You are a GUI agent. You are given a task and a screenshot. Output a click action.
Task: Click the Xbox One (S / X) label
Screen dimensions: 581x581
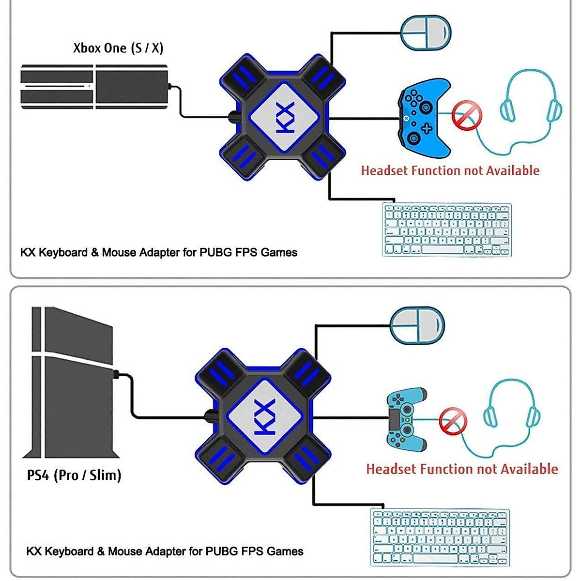(118, 48)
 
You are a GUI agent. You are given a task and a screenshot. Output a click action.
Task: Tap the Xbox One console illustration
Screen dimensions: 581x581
(94, 86)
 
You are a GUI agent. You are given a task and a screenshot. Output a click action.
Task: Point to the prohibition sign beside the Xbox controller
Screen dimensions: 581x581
(467, 116)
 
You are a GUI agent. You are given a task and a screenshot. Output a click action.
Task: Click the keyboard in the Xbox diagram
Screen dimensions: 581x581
(447, 229)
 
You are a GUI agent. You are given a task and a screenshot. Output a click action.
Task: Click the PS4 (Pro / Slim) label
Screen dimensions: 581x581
(74, 475)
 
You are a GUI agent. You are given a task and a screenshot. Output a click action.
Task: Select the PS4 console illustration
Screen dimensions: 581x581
(73, 382)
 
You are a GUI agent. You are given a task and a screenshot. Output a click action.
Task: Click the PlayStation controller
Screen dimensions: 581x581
(407, 417)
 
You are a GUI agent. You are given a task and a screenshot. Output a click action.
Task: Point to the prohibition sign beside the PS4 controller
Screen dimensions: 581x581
(453, 421)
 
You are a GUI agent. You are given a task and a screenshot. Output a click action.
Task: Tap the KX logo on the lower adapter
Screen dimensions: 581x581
(264, 417)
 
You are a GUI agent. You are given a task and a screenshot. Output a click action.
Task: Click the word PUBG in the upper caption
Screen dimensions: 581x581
(215, 252)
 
